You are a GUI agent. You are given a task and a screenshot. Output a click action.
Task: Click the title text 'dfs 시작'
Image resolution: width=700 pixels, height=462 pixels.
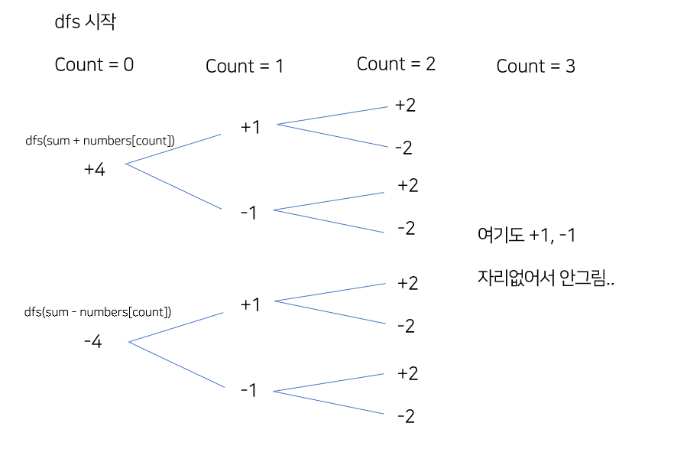(x=85, y=22)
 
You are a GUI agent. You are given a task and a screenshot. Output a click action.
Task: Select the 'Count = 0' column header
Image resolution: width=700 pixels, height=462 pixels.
(x=94, y=65)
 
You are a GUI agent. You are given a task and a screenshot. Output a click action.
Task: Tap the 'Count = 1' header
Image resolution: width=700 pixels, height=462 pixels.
(x=245, y=67)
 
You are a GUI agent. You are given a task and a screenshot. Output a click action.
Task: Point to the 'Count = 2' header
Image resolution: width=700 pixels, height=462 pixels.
(x=396, y=64)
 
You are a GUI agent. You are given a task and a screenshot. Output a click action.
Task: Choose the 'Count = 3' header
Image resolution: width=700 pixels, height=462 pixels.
(x=536, y=67)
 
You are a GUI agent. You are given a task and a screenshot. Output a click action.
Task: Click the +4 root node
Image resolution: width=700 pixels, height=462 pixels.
(x=95, y=170)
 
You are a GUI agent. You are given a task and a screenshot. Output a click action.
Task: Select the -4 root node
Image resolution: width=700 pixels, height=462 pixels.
(x=93, y=342)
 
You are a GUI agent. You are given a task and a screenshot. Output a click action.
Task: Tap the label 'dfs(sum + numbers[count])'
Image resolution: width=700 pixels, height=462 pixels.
(x=100, y=141)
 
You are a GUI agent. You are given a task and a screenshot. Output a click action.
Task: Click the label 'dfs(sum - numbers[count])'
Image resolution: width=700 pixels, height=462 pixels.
(x=98, y=312)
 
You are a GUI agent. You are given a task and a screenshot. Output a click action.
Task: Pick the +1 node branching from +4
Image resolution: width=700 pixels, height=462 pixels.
(x=251, y=127)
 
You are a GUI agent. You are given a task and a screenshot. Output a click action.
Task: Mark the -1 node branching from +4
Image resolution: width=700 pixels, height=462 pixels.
(x=248, y=213)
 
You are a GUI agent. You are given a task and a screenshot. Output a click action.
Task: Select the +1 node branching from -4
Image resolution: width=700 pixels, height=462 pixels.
(x=251, y=304)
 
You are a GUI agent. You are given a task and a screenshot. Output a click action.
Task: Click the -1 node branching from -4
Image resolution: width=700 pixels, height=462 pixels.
(x=248, y=390)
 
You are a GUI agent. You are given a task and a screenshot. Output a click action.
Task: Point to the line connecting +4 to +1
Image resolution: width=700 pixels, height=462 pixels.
(x=173, y=148)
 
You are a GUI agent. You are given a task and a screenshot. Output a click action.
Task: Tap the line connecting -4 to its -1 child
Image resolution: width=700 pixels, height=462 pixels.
(x=177, y=365)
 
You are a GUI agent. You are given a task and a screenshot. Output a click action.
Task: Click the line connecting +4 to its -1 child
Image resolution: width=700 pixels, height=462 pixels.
(x=173, y=187)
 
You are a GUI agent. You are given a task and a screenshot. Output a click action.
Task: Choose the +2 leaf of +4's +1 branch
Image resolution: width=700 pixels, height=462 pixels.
(x=405, y=105)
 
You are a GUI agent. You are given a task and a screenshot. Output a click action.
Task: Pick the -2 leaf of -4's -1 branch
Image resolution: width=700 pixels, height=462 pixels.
(x=406, y=417)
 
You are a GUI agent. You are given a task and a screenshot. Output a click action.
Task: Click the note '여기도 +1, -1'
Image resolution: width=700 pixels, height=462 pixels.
(x=526, y=235)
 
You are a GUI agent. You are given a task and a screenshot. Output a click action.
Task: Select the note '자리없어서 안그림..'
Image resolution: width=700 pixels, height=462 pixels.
(x=546, y=279)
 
